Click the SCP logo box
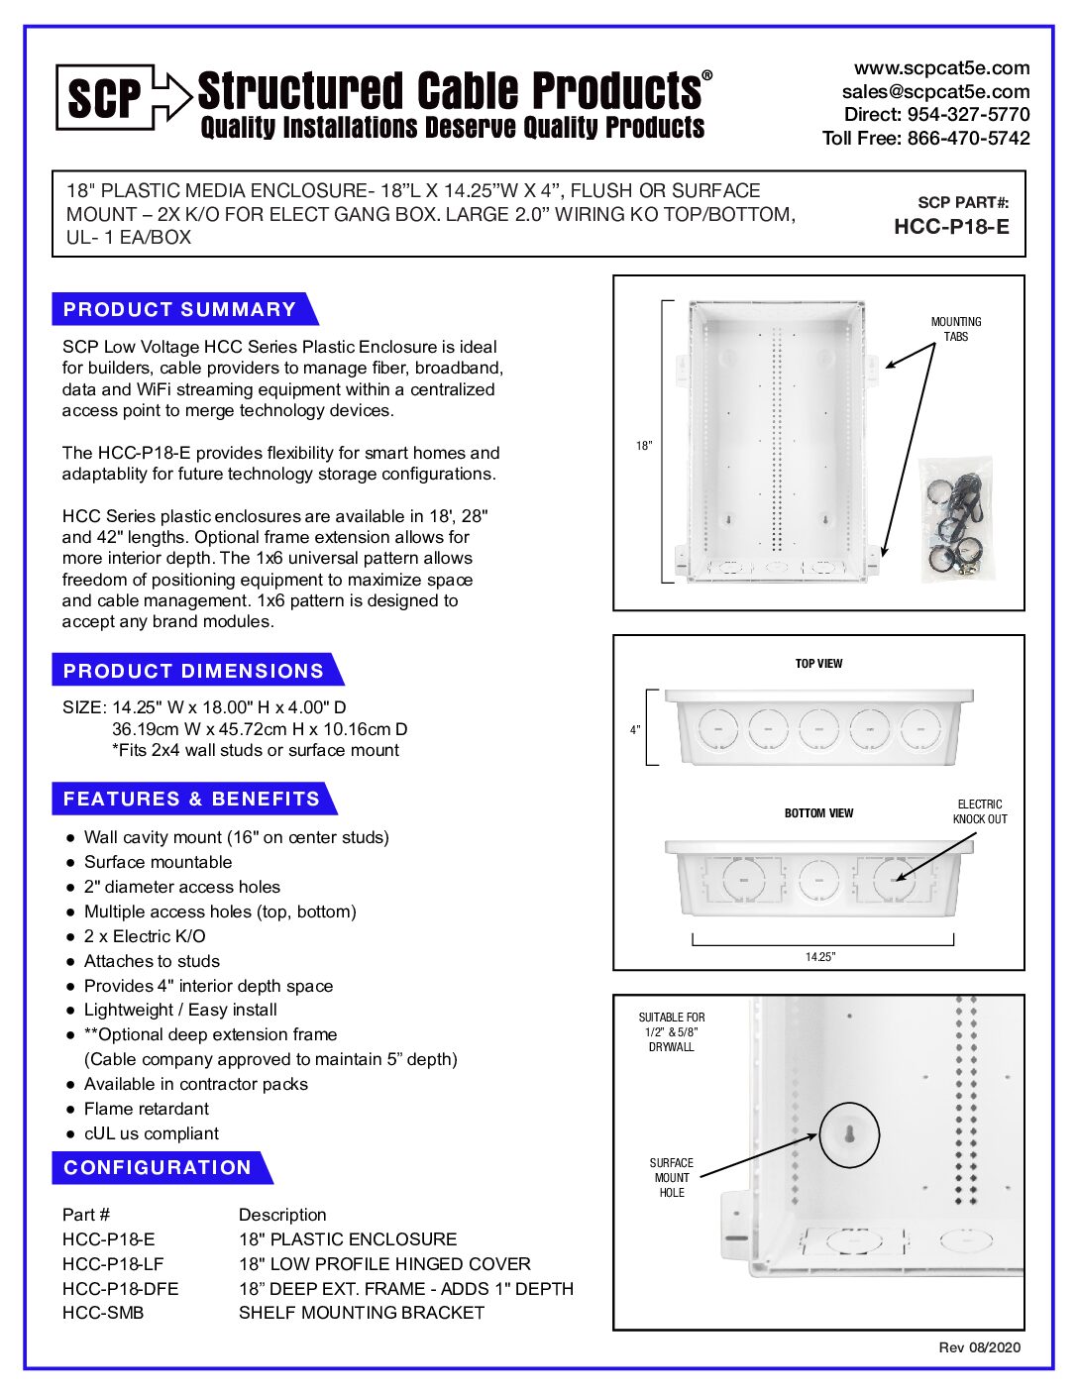click(x=105, y=97)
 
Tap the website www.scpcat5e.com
click(x=941, y=68)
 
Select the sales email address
click(x=935, y=91)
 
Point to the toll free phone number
click(x=925, y=139)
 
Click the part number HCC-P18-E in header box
click(x=951, y=227)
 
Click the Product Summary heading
click(x=179, y=309)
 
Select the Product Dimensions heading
click(x=193, y=671)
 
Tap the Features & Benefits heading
click(x=191, y=799)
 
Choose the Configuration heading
click(x=158, y=1168)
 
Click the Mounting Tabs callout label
click(x=956, y=329)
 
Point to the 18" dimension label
click(x=644, y=446)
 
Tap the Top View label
click(x=818, y=664)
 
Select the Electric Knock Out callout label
click(x=980, y=811)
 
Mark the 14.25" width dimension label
click(x=820, y=957)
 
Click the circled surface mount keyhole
click(x=849, y=1134)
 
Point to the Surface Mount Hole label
click(x=672, y=1178)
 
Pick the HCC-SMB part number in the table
click(x=103, y=1313)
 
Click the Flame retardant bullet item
click(x=147, y=1109)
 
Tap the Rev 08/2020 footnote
click(x=979, y=1347)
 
